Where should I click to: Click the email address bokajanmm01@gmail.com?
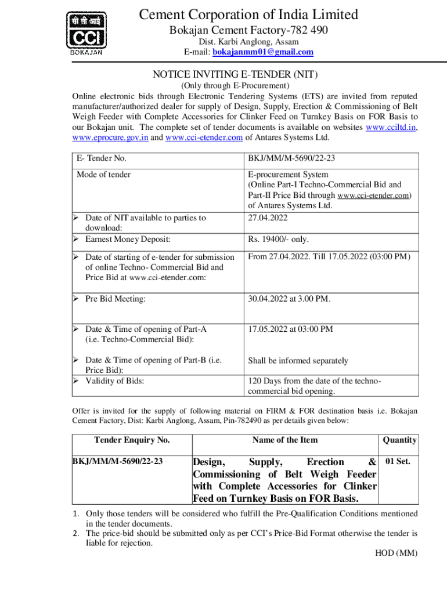click(x=263, y=52)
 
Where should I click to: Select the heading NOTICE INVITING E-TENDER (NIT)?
click(x=235, y=74)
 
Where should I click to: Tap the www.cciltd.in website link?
click(x=391, y=128)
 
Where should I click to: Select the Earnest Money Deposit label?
click(x=128, y=239)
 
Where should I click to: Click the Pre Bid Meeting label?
click(x=115, y=299)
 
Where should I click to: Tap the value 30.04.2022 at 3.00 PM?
click(x=289, y=299)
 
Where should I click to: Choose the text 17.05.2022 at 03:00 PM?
click(x=290, y=329)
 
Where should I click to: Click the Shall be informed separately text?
click(x=298, y=361)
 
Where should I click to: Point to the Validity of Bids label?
click(x=114, y=381)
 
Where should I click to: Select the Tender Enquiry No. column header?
click(x=132, y=440)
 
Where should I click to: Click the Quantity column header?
click(x=400, y=440)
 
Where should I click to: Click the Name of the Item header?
click(x=285, y=440)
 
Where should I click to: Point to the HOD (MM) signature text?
click(x=396, y=553)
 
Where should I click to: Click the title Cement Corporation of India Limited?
click(x=248, y=15)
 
